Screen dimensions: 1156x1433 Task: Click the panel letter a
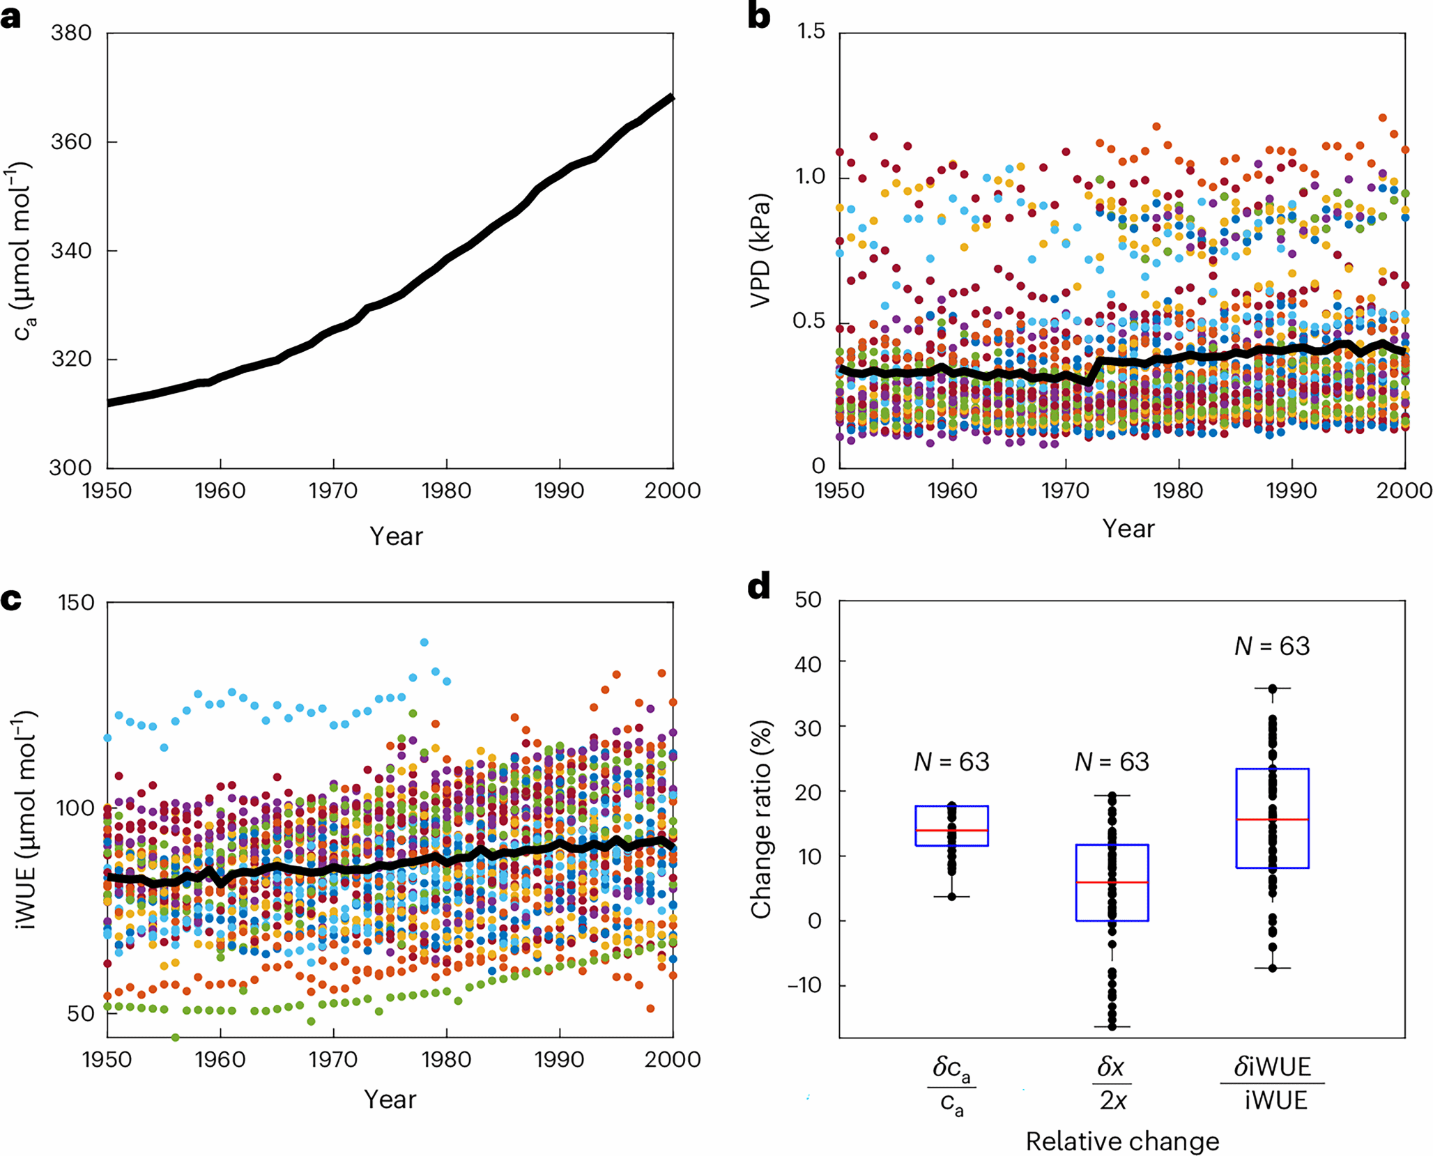click(x=11, y=17)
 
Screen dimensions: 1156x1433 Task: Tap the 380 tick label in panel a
click(x=72, y=33)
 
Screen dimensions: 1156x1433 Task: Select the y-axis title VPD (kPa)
click(x=760, y=250)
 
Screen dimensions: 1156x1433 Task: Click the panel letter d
click(x=759, y=587)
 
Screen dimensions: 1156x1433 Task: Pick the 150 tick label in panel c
click(x=75, y=603)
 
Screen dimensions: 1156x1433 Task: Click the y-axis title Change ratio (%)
click(x=761, y=819)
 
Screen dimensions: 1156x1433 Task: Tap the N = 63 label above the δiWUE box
click(x=1272, y=647)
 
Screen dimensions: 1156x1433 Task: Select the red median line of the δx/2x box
click(x=1112, y=882)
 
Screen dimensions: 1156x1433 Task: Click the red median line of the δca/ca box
click(x=951, y=831)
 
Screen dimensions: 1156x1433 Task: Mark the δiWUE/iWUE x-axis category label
click(x=1272, y=1083)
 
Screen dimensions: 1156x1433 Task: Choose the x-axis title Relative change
click(x=1122, y=1141)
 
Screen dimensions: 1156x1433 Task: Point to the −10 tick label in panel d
click(x=806, y=985)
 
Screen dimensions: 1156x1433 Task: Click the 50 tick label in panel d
click(x=809, y=600)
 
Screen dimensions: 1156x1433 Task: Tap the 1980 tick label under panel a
click(x=446, y=491)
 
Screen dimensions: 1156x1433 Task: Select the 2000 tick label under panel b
click(x=1404, y=491)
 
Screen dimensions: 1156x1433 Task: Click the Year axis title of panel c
click(x=390, y=1099)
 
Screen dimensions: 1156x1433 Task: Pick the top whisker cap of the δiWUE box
click(x=1272, y=688)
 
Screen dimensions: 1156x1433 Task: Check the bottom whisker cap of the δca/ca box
click(x=951, y=897)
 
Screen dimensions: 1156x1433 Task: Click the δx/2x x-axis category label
click(x=1112, y=1083)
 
